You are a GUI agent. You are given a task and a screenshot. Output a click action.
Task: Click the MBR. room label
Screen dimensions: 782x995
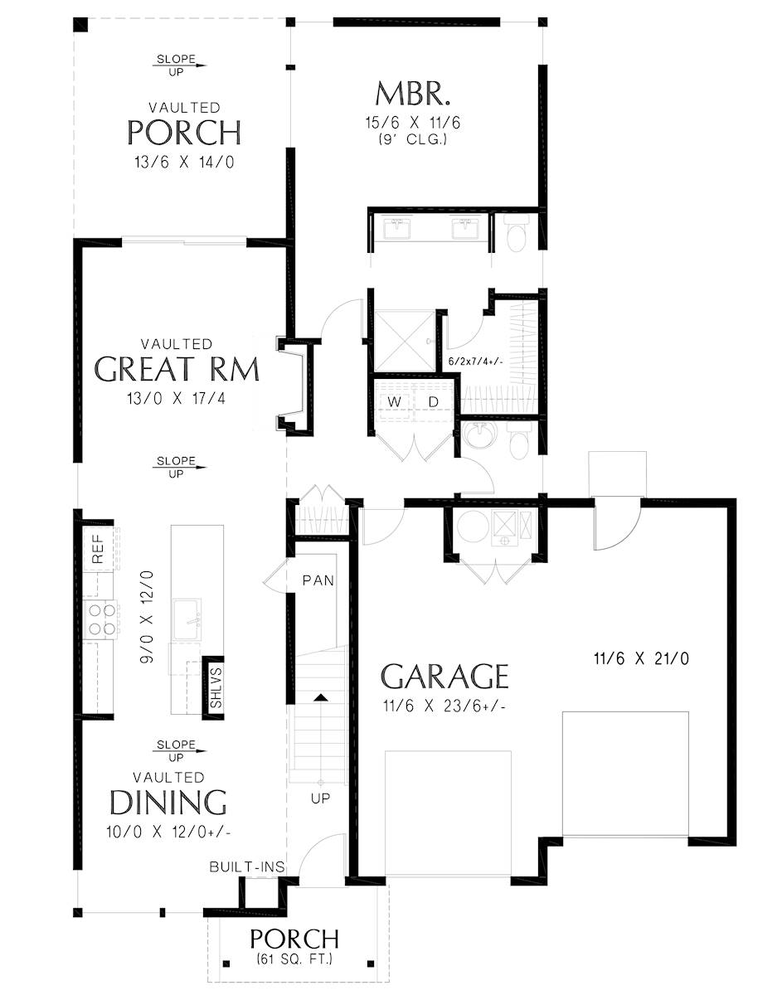[x=412, y=93]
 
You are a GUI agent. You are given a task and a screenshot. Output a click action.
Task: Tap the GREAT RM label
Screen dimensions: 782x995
[x=177, y=369]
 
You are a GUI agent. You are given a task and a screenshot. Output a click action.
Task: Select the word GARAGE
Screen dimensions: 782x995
[x=444, y=677]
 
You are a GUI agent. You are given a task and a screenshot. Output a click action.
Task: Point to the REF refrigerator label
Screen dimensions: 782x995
[x=98, y=549]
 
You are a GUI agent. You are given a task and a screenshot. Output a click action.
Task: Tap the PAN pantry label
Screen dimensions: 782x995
[x=318, y=580]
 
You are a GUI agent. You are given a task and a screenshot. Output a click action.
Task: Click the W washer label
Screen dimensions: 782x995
[x=394, y=401]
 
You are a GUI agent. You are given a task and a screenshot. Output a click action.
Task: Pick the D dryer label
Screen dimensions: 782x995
[x=433, y=401]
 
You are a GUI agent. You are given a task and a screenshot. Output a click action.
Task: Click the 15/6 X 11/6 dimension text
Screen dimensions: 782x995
[x=412, y=123]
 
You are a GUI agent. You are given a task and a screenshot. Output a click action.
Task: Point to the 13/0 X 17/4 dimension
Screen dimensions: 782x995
[x=177, y=398]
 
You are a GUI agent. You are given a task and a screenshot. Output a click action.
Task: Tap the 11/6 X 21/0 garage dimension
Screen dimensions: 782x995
[x=641, y=658]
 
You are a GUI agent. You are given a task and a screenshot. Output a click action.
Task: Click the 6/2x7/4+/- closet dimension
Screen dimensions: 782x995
[x=476, y=362]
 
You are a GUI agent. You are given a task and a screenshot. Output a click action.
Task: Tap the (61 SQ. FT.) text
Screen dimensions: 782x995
[x=294, y=959]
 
